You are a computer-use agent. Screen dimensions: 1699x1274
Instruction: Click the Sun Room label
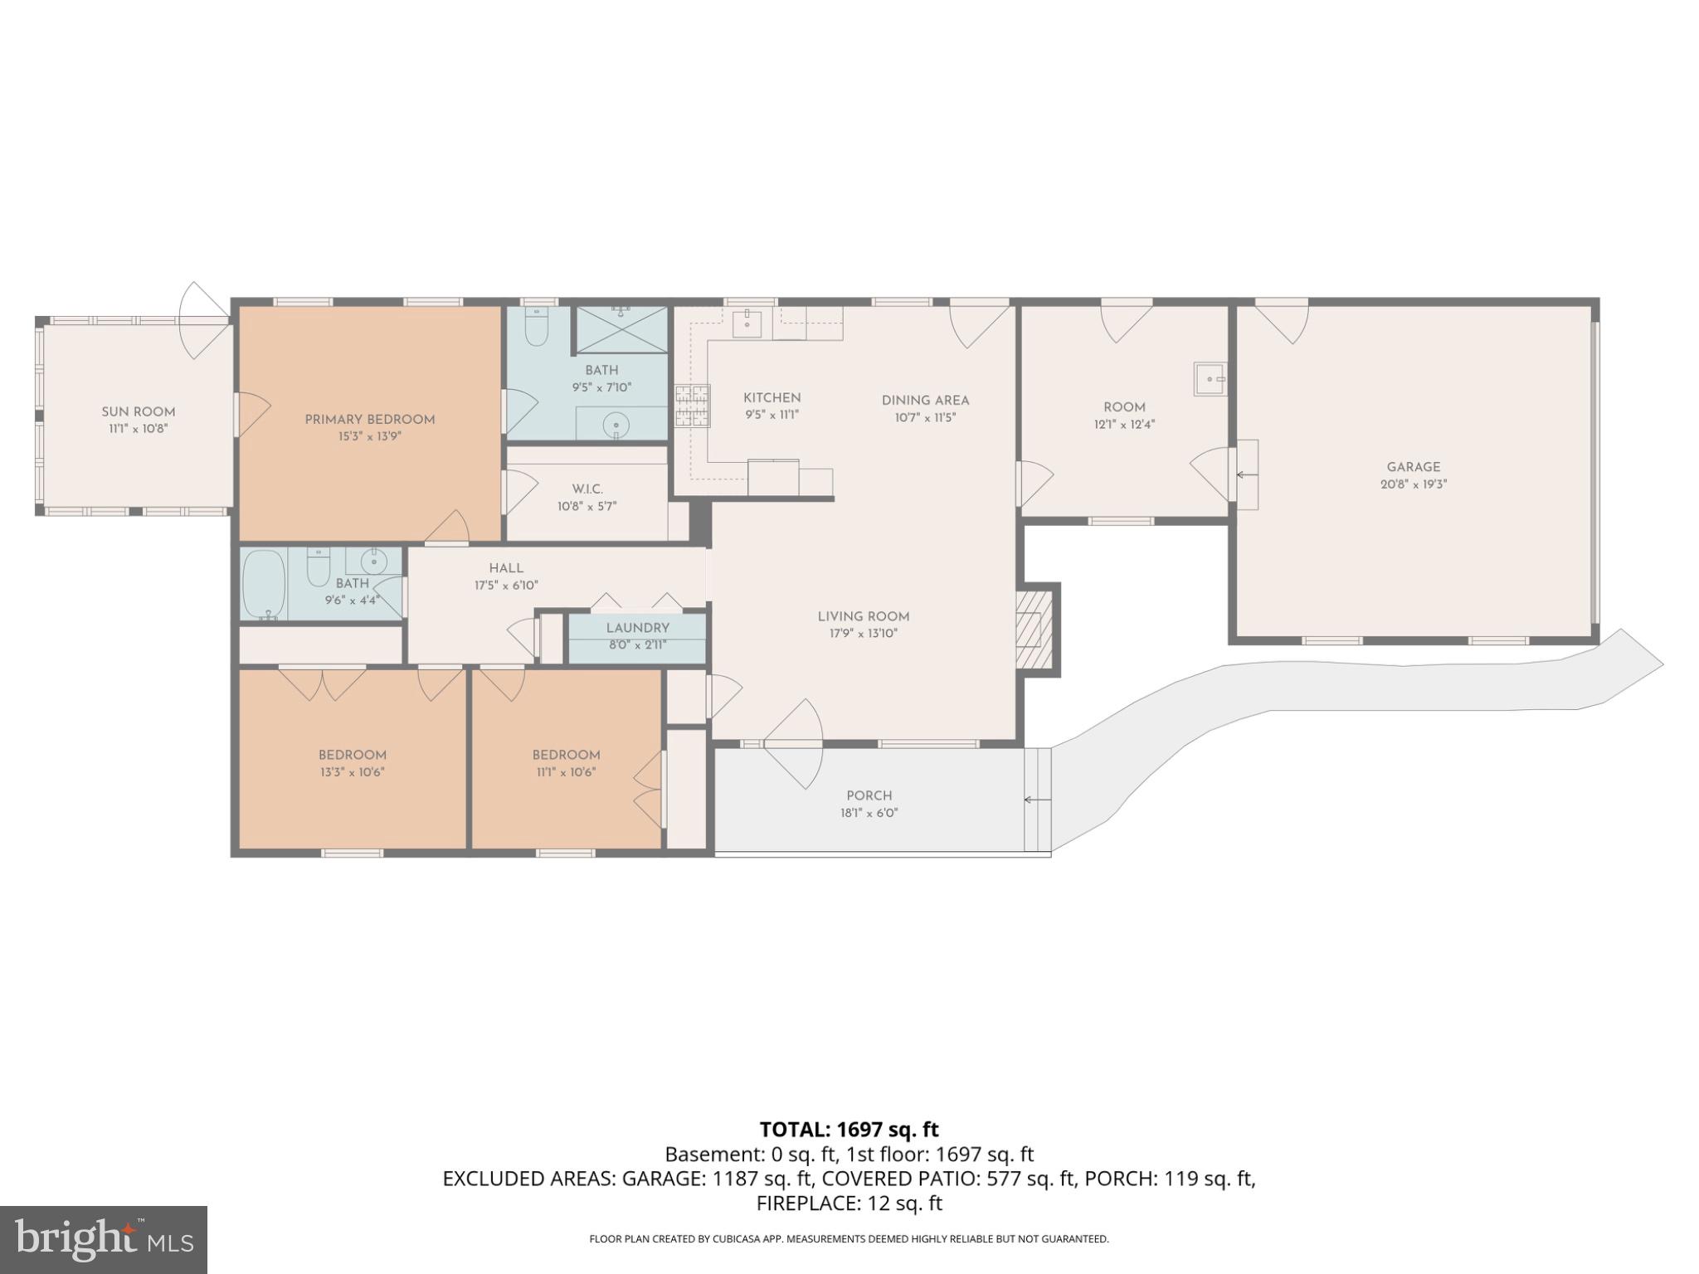(x=139, y=411)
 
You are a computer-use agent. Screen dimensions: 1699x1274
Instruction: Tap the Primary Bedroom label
(x=370, y=419)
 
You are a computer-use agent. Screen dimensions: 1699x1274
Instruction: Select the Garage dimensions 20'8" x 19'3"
(x=1414, y=484)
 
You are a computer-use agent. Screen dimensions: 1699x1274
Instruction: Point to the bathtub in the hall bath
(x=263, y=584)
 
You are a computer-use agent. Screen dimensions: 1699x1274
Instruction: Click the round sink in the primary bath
(x=616, y=425)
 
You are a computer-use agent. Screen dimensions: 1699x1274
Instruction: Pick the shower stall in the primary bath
(x=621, y=329)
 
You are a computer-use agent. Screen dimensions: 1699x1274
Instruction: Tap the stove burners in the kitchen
(x=692, y=406)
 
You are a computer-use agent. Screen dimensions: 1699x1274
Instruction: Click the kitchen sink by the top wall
(x=749, y=323)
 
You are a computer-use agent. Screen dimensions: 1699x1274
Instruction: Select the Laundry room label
(x=637, y=628)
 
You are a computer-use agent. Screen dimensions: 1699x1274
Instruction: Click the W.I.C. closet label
(x=587, y=489)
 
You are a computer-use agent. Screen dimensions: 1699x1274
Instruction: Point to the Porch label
(x=869, y=795)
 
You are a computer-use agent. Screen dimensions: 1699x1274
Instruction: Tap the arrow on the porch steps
(x=1037, y=800)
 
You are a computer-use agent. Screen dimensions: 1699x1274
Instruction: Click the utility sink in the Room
(x=1210, y=379)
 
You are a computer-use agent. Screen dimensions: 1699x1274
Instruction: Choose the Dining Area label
(x=925, y=401)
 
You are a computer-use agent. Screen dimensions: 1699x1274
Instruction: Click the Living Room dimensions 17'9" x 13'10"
(x=864, y=634)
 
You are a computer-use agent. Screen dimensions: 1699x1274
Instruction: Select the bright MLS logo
(x=104, y=1240)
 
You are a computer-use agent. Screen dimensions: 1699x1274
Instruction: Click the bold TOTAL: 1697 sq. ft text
(x=849, y=1129)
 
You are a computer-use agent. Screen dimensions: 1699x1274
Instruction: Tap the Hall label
(x=506, y=568)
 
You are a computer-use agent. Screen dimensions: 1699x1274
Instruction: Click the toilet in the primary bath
(x=538, y=328)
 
